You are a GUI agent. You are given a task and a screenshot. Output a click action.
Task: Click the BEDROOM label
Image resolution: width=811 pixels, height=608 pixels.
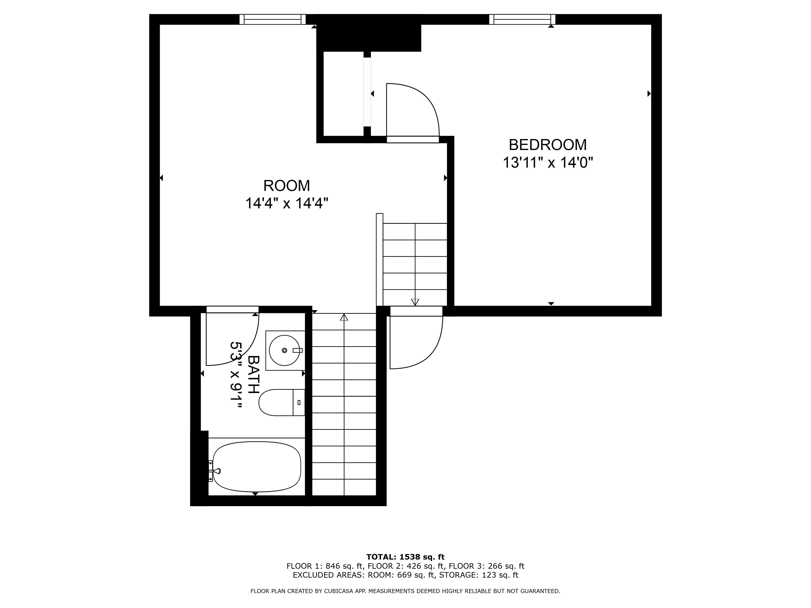click(547, 145)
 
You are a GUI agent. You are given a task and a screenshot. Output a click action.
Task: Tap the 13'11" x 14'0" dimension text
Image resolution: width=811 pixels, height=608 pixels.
click(547, 162)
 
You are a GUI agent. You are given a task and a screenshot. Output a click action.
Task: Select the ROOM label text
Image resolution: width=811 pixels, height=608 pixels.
click(286, 186)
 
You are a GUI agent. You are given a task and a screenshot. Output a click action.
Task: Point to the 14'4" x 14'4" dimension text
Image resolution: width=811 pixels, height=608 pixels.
click(286, 203)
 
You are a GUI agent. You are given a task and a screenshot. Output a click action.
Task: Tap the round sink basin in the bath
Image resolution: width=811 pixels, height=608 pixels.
click(284, 350)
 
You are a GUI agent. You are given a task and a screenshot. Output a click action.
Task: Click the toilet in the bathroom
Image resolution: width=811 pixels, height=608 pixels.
click(280, 402)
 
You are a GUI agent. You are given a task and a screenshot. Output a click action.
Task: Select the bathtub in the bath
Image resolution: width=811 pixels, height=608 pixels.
click(257, 467)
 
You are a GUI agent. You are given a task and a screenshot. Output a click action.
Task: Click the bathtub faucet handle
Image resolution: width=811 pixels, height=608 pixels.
click(217, 471)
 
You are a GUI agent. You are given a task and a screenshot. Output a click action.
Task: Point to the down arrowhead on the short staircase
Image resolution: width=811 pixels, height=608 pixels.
click(415, 302)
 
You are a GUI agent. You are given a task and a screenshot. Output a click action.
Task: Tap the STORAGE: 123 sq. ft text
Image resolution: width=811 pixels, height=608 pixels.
click(478, 575)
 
